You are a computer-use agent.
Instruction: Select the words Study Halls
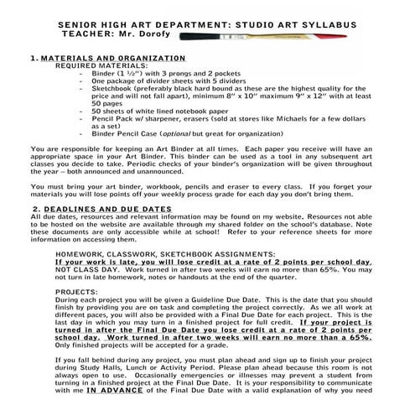tap(100, 366)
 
